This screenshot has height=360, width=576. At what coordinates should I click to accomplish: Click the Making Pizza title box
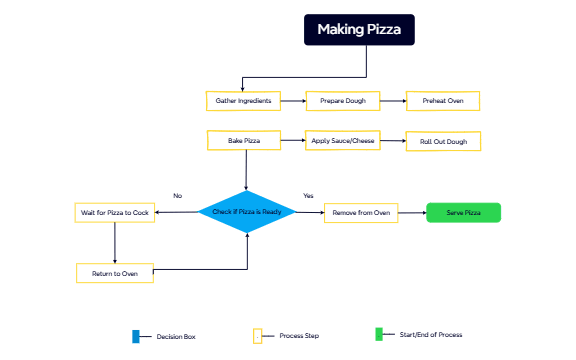coord(359,30)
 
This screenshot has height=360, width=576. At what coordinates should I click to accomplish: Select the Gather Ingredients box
coord(243,101)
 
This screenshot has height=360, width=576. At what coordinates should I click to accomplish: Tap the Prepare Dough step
coord(343,101)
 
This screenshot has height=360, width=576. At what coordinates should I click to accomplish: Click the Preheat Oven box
coord(442,101)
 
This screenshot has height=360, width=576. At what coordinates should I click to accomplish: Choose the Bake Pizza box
coord(243,141)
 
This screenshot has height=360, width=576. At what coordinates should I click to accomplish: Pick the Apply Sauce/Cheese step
coord(343,141)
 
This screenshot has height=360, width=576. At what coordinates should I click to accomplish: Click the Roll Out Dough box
coord(443,142)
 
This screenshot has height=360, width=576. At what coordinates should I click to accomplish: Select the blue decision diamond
coord(247,212)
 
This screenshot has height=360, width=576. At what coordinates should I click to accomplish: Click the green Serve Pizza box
coord(462,212)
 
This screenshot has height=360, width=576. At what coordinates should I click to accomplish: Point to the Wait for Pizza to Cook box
coord(115,212)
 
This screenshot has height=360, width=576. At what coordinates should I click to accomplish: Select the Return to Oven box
coord(115,273)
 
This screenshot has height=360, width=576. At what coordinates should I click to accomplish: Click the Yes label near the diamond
coord(308,195)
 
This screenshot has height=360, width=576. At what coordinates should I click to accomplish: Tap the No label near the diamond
coord(177,195)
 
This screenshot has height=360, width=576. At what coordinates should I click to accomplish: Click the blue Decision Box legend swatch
coord(136,336)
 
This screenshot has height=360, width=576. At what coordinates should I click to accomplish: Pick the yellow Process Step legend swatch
coord(257,336)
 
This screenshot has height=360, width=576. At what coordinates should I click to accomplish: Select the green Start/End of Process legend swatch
coord(379,334)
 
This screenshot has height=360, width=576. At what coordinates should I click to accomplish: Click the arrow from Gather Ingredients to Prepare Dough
coord(292,101)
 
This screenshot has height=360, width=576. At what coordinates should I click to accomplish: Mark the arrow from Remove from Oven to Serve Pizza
coord(412,212)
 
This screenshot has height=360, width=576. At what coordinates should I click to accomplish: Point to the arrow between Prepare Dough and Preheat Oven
coord(392,101)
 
